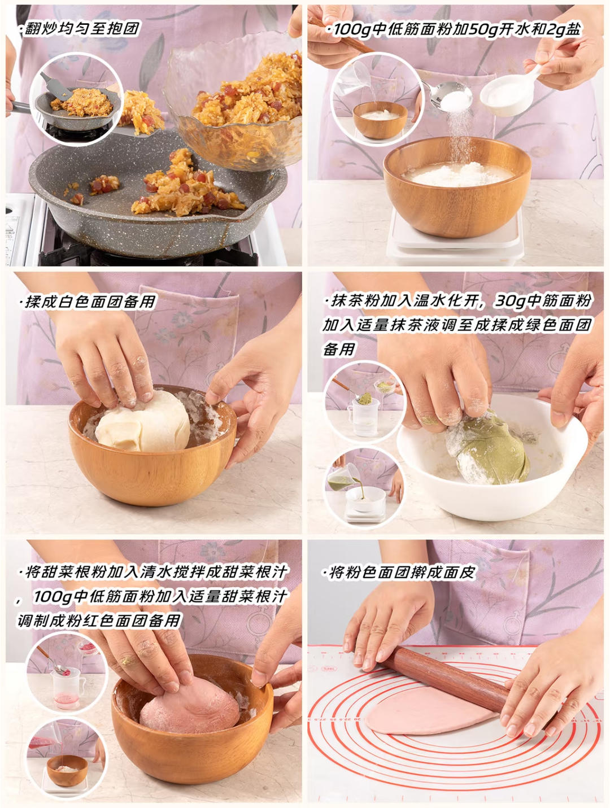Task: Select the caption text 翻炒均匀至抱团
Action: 81,28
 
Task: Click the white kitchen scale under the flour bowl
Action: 455,239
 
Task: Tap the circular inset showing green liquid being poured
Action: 364,486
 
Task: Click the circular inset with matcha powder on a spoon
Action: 364,403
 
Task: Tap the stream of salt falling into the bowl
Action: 459,136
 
